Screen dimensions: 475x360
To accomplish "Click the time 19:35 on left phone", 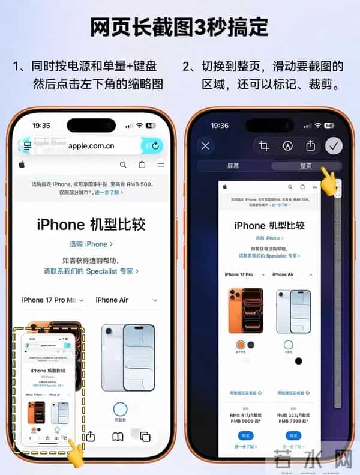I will pyautogui.click(x=41, y=126).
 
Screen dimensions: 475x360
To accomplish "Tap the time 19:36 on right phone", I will pyautogui.click(x=220, y=126).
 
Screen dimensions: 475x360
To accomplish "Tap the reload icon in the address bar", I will pyautogui.click(x=155, y=145).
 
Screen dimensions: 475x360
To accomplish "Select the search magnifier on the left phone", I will pyautogui.click(x=123, y=165).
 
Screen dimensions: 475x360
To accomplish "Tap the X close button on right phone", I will pyautogui.click(x=206, y=145).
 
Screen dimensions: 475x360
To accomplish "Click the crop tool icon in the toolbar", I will pyautogui.click(x=263, y=145).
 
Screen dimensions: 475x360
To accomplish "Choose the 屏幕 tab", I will pyautogui.click(x=233, y=166).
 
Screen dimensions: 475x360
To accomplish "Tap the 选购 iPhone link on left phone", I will pyautogui.click(x=91, y=244).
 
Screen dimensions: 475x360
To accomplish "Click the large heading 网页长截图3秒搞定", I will pyautogui.click(x=179, y=27).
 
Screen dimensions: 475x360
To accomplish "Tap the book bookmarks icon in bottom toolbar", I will pyautogui.click(x=118, y=437).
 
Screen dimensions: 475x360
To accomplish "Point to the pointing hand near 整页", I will pyautogui.click(x=328, y=180).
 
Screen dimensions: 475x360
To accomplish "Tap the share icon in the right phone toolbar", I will pyautogui.click(x=310, y=145).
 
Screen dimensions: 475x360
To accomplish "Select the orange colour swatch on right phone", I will pyautogui.click(x=241, y=345).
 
